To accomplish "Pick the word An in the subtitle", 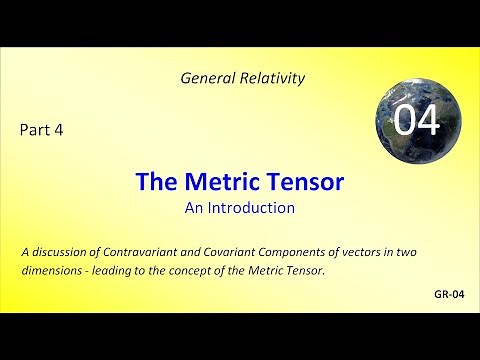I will (195, 208).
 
